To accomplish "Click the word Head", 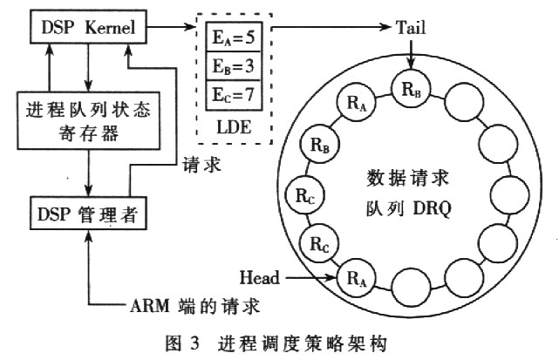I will point(259,278).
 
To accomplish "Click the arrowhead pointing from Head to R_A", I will point(333,278).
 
